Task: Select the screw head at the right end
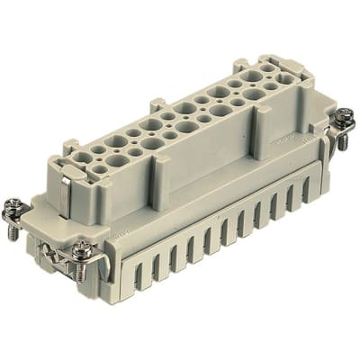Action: click(x=344, y=117)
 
